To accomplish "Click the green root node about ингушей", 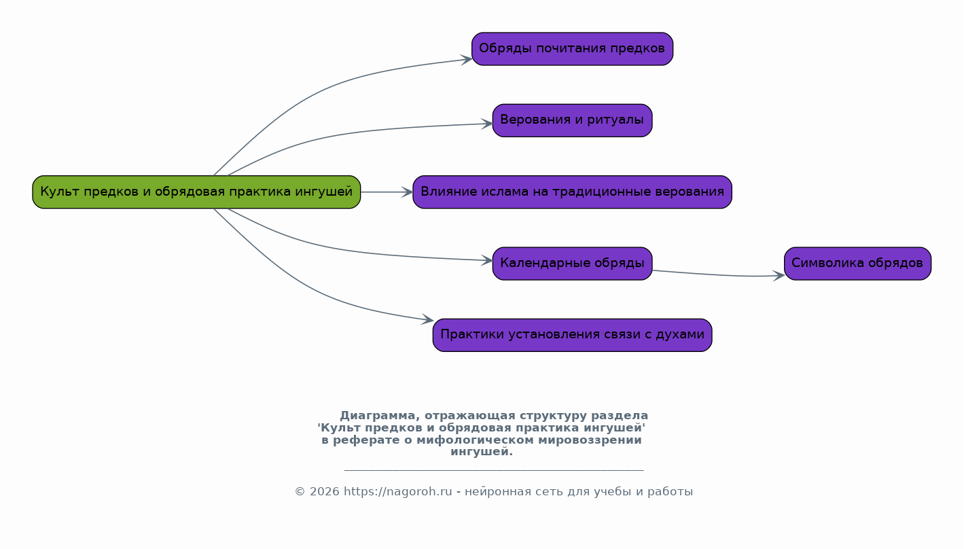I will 196,192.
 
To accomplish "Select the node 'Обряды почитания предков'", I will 572,49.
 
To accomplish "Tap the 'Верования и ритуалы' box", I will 572,120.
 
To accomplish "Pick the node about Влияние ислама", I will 572,192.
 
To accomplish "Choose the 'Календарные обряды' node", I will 572,264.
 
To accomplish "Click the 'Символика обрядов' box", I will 857,264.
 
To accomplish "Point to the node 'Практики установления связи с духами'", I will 572,335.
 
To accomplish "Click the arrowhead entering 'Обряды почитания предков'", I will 467,60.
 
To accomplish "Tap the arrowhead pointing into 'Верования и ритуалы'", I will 487,124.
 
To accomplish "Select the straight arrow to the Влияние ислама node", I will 387,192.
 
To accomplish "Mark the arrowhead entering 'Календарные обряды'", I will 487,260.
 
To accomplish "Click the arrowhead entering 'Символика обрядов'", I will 779,276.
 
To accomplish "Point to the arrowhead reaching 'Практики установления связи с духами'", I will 428,319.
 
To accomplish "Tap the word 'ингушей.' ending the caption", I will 482,452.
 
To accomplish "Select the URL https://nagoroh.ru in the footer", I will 397,492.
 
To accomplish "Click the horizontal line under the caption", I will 494,470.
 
